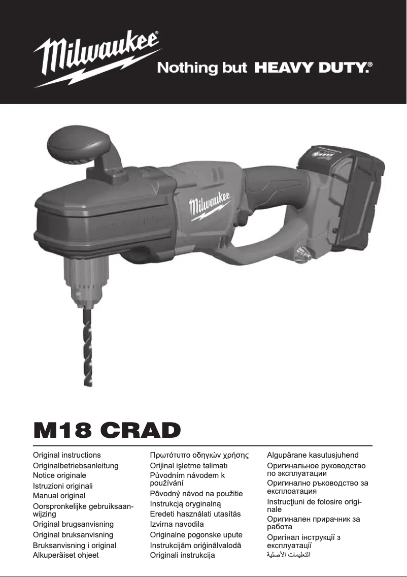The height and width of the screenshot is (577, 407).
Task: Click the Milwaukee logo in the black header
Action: coord(96,57)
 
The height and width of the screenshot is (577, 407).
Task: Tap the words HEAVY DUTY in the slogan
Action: coord(311,68)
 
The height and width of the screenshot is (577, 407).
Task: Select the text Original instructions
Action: coord(67,455)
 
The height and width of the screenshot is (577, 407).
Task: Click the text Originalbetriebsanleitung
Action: coord(76,465)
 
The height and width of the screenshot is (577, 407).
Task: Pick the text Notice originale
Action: coord(59,475)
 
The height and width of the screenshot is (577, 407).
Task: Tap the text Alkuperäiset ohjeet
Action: coord(66,555)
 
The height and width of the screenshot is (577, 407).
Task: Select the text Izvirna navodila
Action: coord(177,524)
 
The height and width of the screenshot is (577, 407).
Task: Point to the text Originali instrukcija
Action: coord(182,555)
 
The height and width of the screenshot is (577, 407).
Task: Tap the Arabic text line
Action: coord(288,555)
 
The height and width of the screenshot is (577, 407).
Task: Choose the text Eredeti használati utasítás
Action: coord(195,514)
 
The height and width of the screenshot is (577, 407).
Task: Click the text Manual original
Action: coord(59,495)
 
